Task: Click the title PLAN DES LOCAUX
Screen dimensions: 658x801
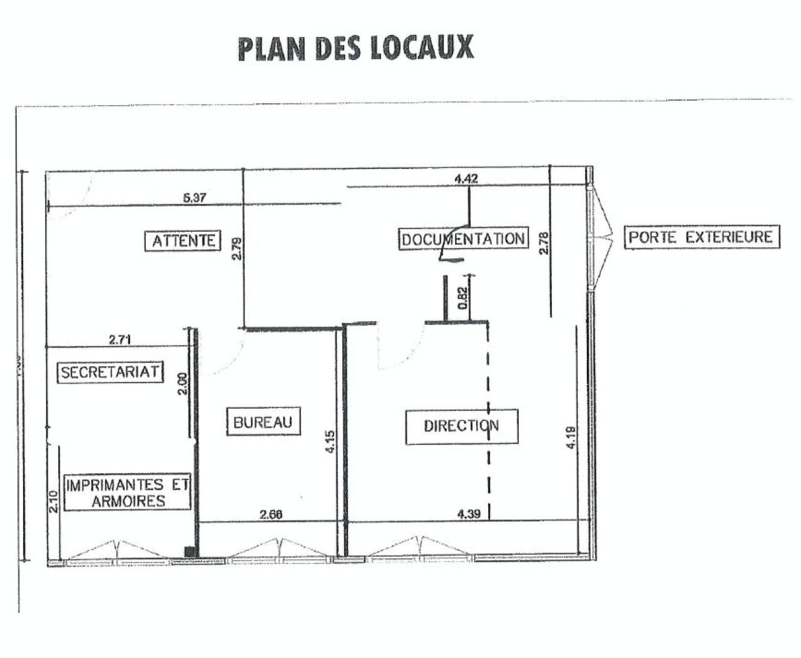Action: [x=355, y=48]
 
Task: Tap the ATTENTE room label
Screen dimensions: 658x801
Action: [x=183, y=240]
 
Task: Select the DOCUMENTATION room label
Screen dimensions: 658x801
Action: [x=463, y=239]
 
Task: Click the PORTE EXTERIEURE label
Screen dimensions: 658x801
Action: [x=701, y=237]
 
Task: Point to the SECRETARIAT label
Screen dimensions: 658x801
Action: [x=110, y=372]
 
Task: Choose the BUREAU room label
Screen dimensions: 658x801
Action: [x=263, y=423]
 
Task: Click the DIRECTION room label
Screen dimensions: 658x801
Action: [x=461, y=426]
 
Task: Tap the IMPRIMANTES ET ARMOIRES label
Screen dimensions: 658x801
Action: [x=128, y=493]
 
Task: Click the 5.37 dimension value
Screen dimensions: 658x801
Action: [x=194, y=198]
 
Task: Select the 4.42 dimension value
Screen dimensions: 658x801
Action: [x=466, y=178]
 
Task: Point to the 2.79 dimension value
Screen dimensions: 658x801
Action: [x=237, y=249]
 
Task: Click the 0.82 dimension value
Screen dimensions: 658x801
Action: [x=462, y=297]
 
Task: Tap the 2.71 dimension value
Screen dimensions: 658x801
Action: [x=120, y=340]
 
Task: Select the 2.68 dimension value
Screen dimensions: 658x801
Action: [x=271, y=514]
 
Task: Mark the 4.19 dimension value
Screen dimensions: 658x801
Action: [x=570, y=436]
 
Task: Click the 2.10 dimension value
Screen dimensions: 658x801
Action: [x=53, y=501]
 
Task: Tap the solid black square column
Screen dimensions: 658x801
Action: [x=190, y=551]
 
